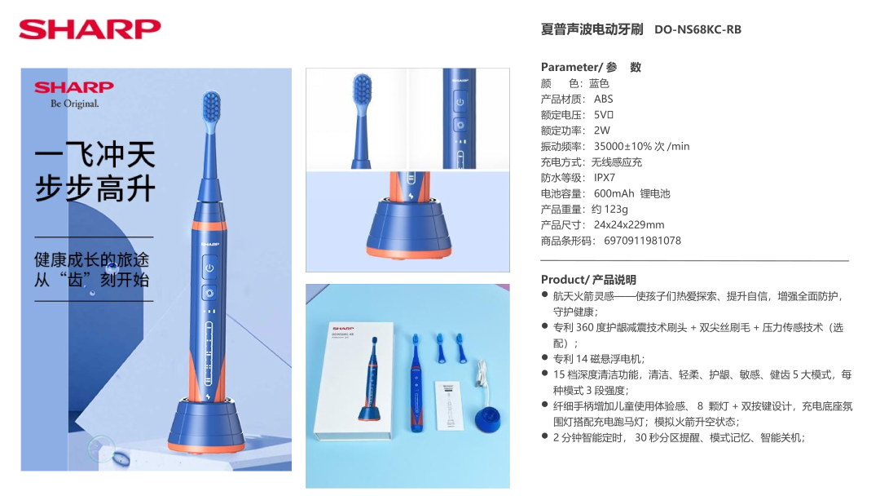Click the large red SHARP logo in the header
click(90, 29)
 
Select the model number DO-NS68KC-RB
click(697, 29)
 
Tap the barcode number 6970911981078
click(642, 241)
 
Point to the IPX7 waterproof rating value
click(605, 178)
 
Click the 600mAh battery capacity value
click(614, 193)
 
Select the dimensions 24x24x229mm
click(628, 224)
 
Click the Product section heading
click(588, 279)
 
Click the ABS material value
click(603, 99)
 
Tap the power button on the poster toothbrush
click(209, 268)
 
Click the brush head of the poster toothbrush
click(211, 112)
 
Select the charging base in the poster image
click(206, 425)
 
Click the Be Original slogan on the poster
click(75, 104)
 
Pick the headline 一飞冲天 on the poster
click(95, 154)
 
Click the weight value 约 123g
click(609, 209)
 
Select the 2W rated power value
click(601, 131)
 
